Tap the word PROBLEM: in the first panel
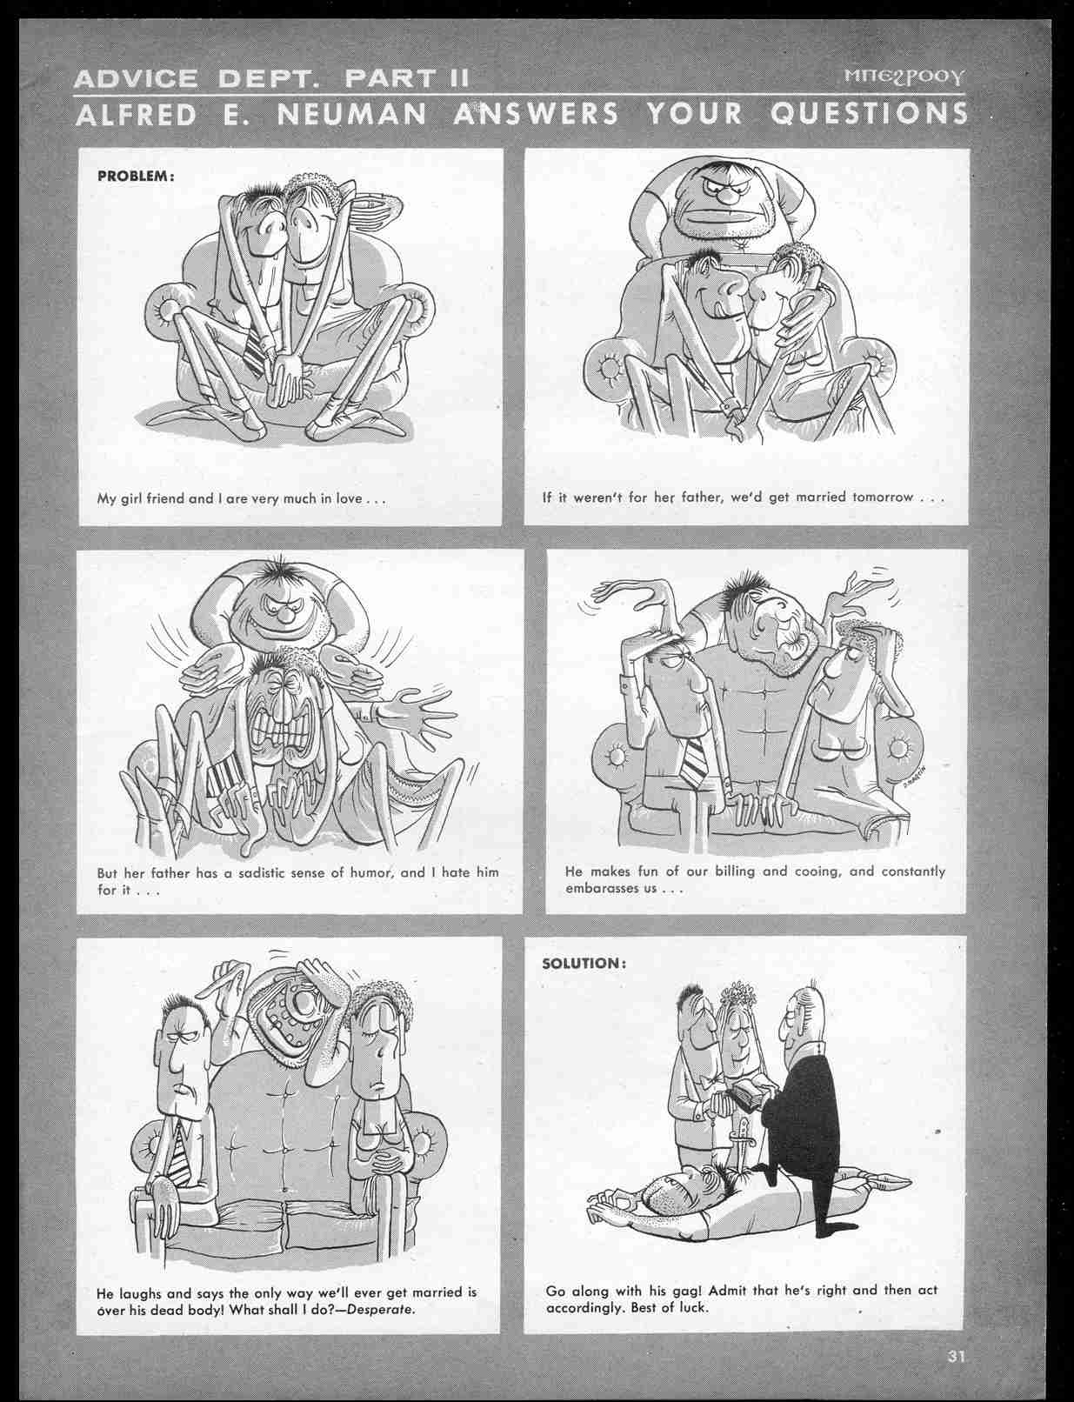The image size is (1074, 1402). click(x=136, y=175)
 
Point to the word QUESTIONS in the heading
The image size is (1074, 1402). click(x=871, y=114)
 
